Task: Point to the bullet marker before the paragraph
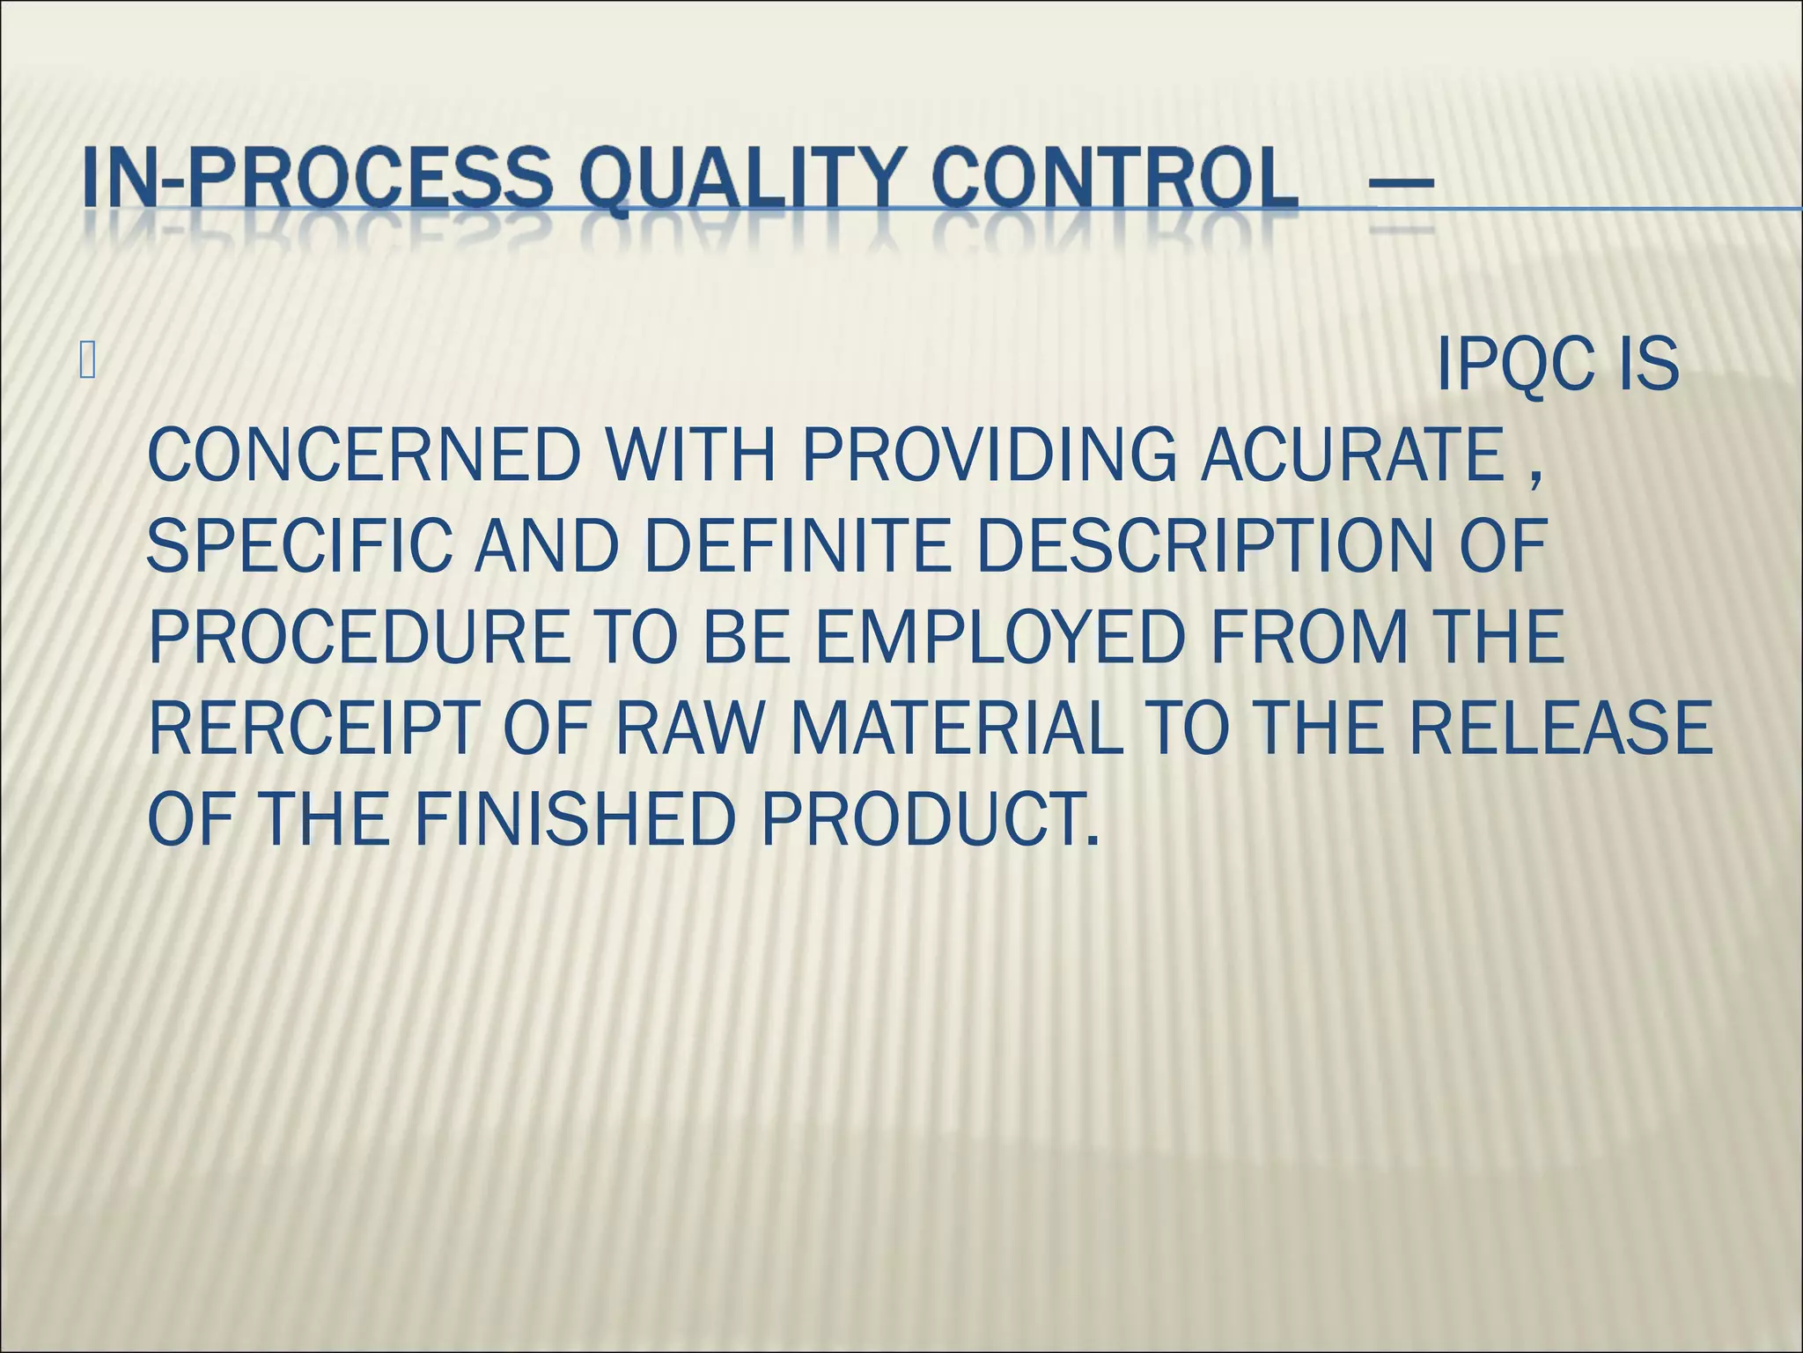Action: click(86, 362)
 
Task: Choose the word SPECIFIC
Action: click(299, 546)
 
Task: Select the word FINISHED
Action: click(574, 820)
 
